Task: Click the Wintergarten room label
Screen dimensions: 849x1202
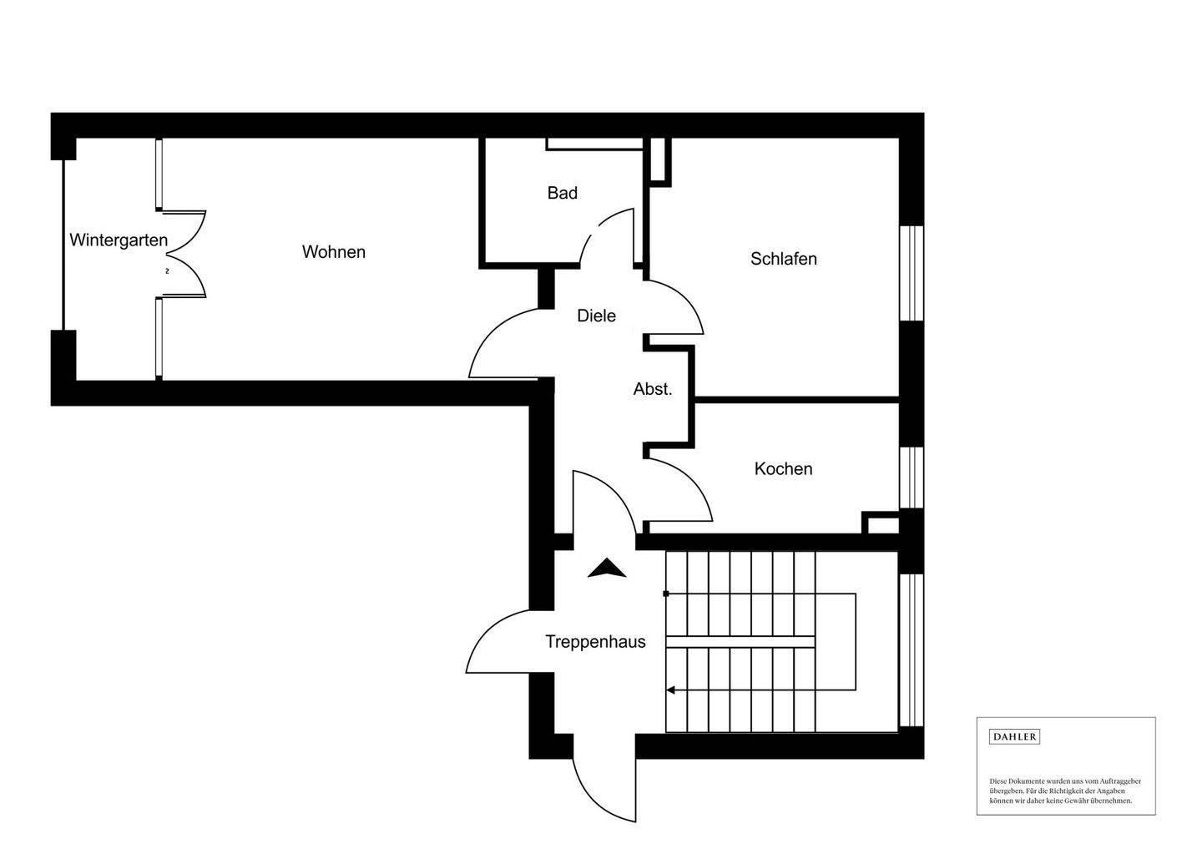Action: click(x=119, y=240)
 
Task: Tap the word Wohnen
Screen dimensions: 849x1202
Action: click(x=334, y=252)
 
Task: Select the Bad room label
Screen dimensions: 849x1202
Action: click(x=562, y=193)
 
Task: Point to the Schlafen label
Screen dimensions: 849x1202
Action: click(x=783, y=259)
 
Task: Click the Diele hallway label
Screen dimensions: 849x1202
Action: click(x=596, y=316)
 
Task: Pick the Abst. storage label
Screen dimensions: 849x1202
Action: click(x=652, y=389)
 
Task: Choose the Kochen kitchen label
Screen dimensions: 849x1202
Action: click(x=783, y=469)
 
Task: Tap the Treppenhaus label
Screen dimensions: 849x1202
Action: click(x=595, y=642)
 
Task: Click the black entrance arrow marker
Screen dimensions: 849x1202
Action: click(x=607, y=569)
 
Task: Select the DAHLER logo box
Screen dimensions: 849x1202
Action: click(x=1014, y=737)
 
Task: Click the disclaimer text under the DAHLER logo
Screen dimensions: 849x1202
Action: click(x=1065, y=791)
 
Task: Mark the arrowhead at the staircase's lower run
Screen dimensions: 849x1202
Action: click(x=669, y=690)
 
